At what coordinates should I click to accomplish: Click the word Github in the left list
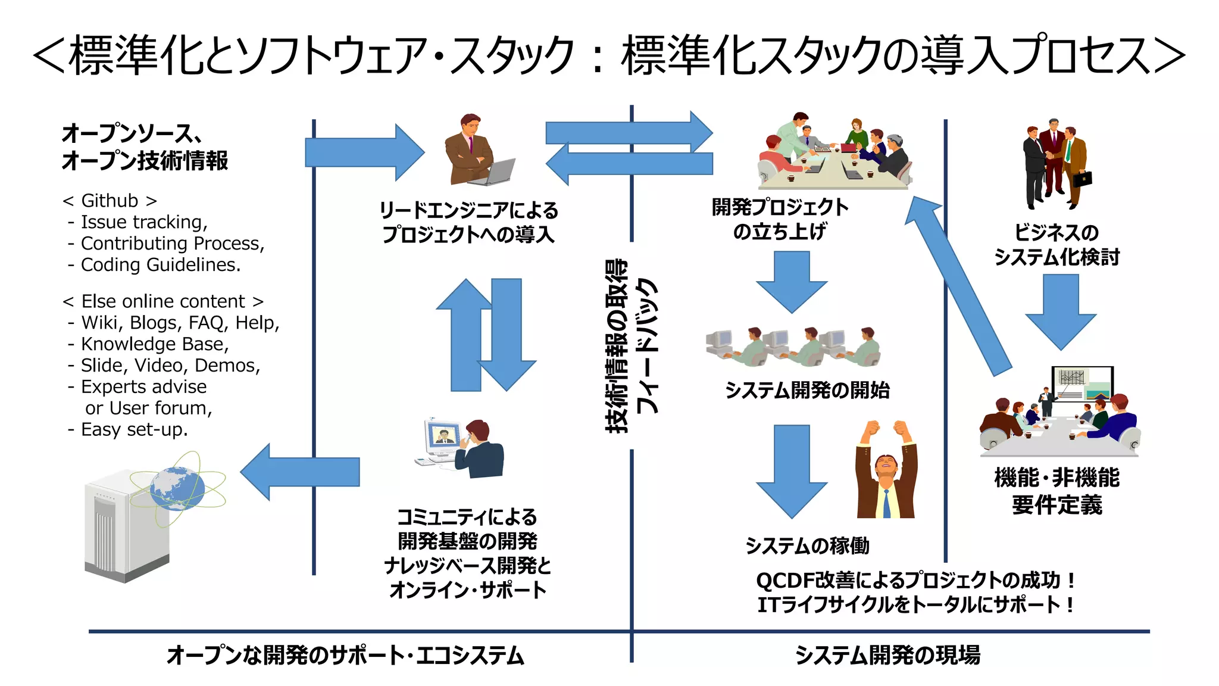coord(110,201)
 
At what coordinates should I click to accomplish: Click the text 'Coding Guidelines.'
coord(161,264)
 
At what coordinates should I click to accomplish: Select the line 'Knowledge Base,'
coord(155,344)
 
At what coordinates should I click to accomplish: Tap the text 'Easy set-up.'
coord(134,429)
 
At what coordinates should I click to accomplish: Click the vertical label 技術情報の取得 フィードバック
coord(631,345)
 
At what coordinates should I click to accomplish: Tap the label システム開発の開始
coord(807,390)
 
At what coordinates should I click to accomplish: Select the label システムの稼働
coord(807,545)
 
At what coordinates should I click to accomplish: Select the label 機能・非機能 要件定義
coord(1057,491)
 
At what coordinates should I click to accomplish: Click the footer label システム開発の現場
coord(887,655)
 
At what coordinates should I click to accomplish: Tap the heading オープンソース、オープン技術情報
coord(145,146)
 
